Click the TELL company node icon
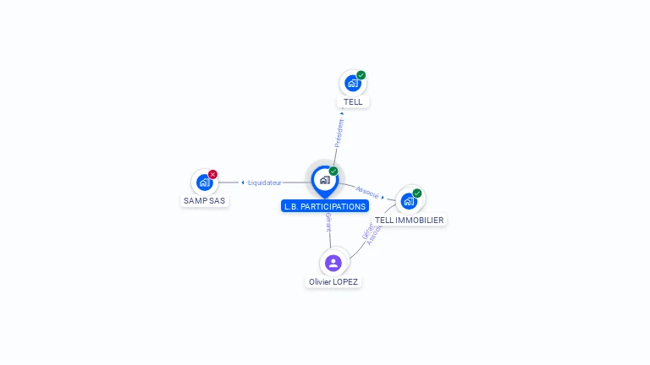[x=352, y=83]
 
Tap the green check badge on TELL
[x=361, y=75]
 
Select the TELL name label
[x=353, y=101]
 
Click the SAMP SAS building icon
[x=204, y=182]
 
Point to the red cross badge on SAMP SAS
[x=212, y=174]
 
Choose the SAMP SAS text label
[x=205, y=200]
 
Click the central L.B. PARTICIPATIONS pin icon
[x=324, y=179]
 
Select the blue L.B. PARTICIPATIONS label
[x=325, y=206]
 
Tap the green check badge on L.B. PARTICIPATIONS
[x=333, y=172]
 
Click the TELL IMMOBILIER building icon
[x=409, y=200]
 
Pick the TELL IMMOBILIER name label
[x=410, y=220]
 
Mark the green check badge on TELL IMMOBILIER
[x=417, y=193]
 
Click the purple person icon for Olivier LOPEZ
[x=333, y=263]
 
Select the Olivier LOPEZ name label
[x=333, y=281]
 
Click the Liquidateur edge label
[x=265, y=182]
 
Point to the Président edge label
[x=339, y=133]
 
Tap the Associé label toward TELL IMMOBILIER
[x=367, y=192]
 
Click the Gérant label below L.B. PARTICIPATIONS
[x=328, y=223]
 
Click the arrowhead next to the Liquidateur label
[x=243, y=182]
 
